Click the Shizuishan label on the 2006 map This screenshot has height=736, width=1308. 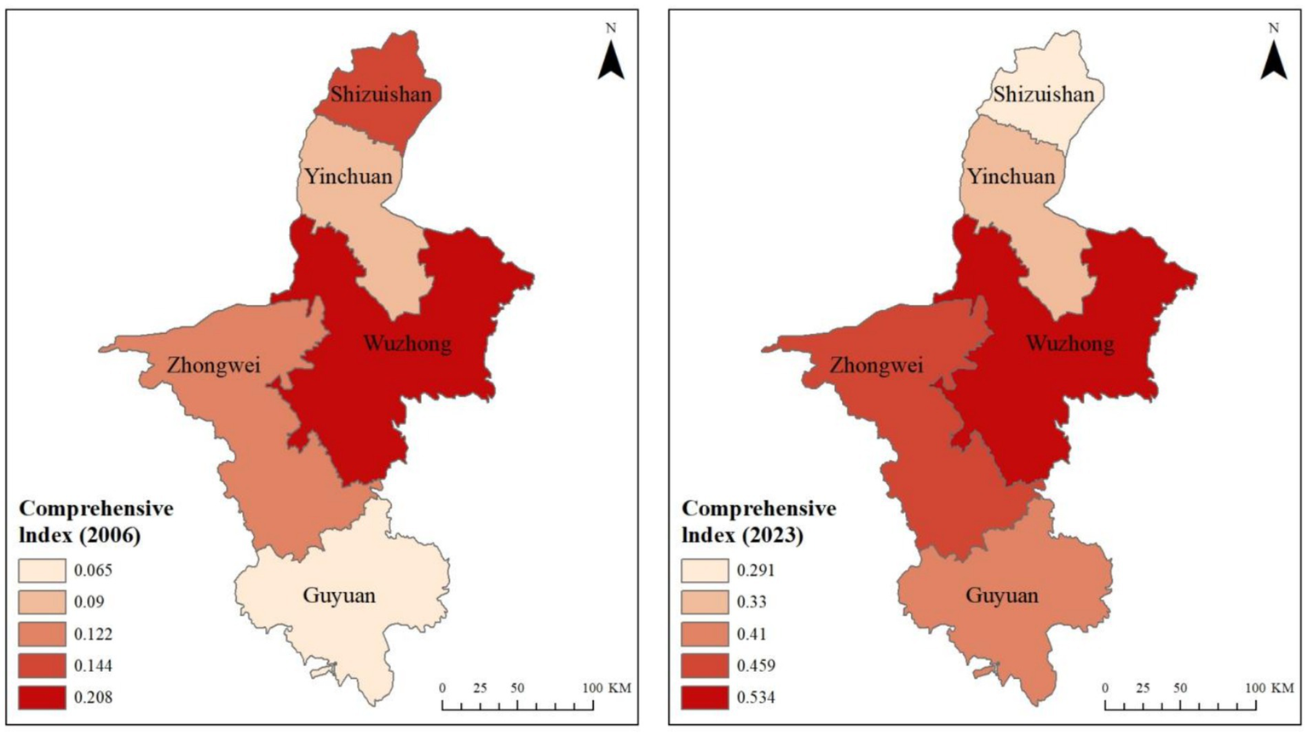381,94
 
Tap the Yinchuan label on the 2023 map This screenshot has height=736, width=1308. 1011,176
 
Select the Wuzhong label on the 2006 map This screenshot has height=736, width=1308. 407,344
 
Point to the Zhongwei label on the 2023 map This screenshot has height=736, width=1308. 876,365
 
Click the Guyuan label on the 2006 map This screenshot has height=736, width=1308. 339,595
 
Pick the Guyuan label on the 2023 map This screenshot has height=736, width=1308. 1002,595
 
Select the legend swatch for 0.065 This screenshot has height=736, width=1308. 42,571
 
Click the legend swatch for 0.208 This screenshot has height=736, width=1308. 42,697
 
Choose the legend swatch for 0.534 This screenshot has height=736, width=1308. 705,697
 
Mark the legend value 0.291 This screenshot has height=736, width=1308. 756,571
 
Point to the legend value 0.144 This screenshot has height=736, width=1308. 93,665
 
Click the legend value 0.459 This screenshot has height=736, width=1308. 756,665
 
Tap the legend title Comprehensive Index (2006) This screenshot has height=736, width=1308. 95,521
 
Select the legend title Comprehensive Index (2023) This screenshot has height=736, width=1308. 758,521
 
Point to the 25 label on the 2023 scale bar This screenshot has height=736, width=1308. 1143,687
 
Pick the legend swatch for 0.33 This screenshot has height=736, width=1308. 705,602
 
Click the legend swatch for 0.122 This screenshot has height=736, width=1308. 42,634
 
